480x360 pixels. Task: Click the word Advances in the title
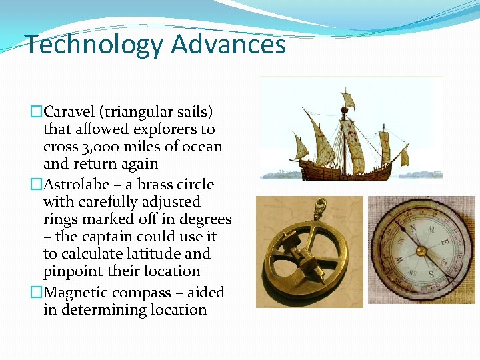(x=229, y=45)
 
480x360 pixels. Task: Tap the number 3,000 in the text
(x=95, y=146)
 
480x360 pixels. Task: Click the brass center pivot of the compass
(x=421, y=251)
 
